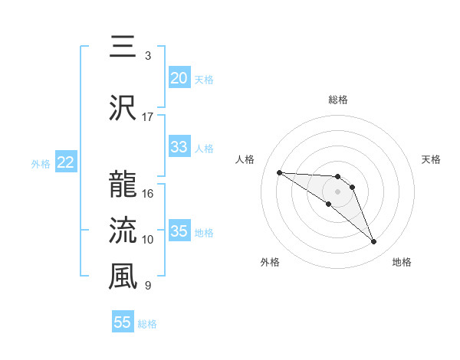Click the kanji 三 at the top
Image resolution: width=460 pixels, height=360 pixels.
click(123, 48)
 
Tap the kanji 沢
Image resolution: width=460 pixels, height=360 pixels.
click(123, 109)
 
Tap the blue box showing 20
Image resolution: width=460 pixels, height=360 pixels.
click(179, 78)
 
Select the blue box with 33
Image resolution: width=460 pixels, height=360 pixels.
click(179, 147)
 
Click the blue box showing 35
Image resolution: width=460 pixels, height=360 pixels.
click(179, 231)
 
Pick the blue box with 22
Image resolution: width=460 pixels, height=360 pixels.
click(65, 162)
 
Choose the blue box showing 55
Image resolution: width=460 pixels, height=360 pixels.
click(123, 322)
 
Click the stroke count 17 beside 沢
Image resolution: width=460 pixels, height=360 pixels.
click(148, 117)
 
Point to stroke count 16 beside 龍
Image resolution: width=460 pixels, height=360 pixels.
click(148, 193)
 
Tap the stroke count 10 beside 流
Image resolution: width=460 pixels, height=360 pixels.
click(148, 240)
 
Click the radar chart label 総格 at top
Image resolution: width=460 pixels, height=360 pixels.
click(337, 100)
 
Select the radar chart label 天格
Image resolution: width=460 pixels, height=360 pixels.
click(431, 159)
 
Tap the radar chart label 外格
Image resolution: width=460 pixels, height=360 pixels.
click(270, 262)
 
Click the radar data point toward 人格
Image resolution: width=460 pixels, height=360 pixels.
click(279, 172)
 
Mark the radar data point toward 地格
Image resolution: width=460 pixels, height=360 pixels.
click(373, 242)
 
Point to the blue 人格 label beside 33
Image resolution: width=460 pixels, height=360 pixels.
click(204, 148)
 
